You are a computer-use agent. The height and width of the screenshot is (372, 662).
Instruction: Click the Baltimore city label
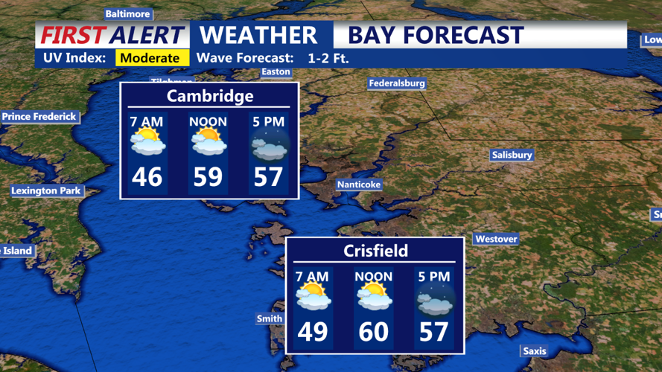pos(127,13)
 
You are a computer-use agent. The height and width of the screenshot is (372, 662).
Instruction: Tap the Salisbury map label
pos(512,155)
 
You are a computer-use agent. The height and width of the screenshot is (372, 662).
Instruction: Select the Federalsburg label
pos(397,83)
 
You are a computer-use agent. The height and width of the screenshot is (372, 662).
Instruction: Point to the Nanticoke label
pos(359,184)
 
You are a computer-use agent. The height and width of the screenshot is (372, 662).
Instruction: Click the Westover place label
pos(496,239)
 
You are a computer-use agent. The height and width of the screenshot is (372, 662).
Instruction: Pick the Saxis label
pos(534,351)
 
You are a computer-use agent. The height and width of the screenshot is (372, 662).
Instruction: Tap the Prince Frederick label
pos(39,116)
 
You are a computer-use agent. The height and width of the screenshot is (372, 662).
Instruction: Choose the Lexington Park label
pos(45,190)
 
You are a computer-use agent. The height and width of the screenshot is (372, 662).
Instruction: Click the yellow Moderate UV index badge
pos(150,58)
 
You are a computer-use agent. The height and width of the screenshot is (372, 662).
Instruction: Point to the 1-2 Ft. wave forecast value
pos(328,58)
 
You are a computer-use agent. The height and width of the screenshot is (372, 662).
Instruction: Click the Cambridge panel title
pos(210,96)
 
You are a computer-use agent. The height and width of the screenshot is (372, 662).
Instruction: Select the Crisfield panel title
pos(375,251)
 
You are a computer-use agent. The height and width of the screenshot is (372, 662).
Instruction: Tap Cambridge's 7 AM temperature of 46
pos(147,177)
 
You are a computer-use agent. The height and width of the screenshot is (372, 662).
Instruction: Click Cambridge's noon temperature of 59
pos(208,177)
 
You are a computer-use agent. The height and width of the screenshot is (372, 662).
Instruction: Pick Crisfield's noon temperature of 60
pos(374,331)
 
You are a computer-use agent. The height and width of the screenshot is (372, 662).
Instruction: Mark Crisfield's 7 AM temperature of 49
pos(313,331)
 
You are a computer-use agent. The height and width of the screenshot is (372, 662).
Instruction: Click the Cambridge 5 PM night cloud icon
pos(268,145)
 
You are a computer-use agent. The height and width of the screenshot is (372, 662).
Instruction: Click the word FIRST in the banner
pos(74,35)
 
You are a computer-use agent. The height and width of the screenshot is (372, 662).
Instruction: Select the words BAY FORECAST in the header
pos(436,35)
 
